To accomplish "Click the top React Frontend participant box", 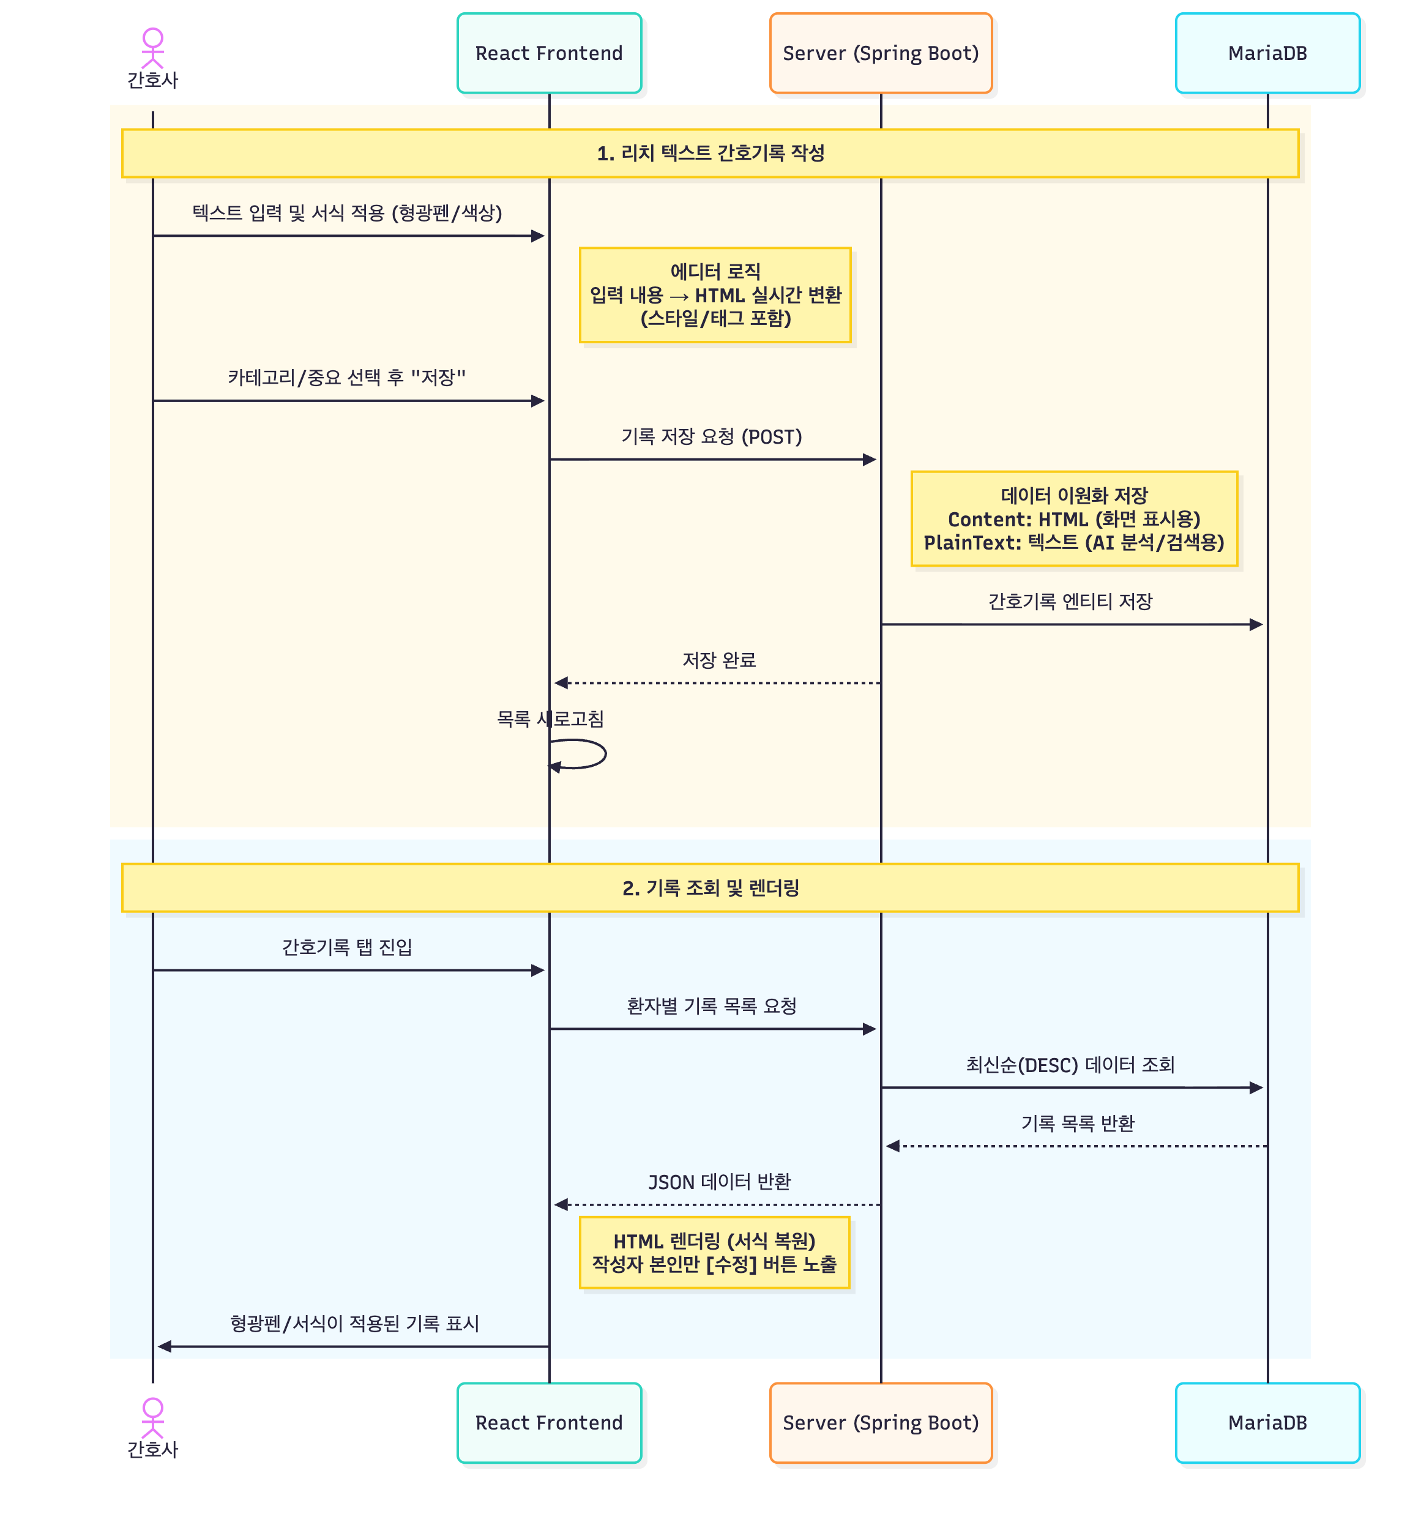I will (549, 53).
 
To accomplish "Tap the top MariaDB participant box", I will (1267, 53).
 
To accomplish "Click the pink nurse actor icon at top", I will (152, 47).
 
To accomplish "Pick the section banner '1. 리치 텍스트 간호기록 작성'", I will (710, 153).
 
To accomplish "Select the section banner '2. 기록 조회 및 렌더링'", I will (710, 887).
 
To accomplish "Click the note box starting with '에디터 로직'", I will (714, 295).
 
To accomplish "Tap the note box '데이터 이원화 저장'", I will (1074, 518).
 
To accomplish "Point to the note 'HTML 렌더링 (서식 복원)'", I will (714, 1252).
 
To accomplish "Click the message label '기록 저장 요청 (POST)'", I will (711, 436).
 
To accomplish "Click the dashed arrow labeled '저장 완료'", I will (716, 683).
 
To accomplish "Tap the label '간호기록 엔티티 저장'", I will (1070, 602).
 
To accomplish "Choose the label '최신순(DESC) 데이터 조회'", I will (1070, 1065).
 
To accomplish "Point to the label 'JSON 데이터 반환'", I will (719, 1181).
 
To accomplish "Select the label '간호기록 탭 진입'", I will (346, 947).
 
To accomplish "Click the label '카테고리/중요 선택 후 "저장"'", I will (346, 377).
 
